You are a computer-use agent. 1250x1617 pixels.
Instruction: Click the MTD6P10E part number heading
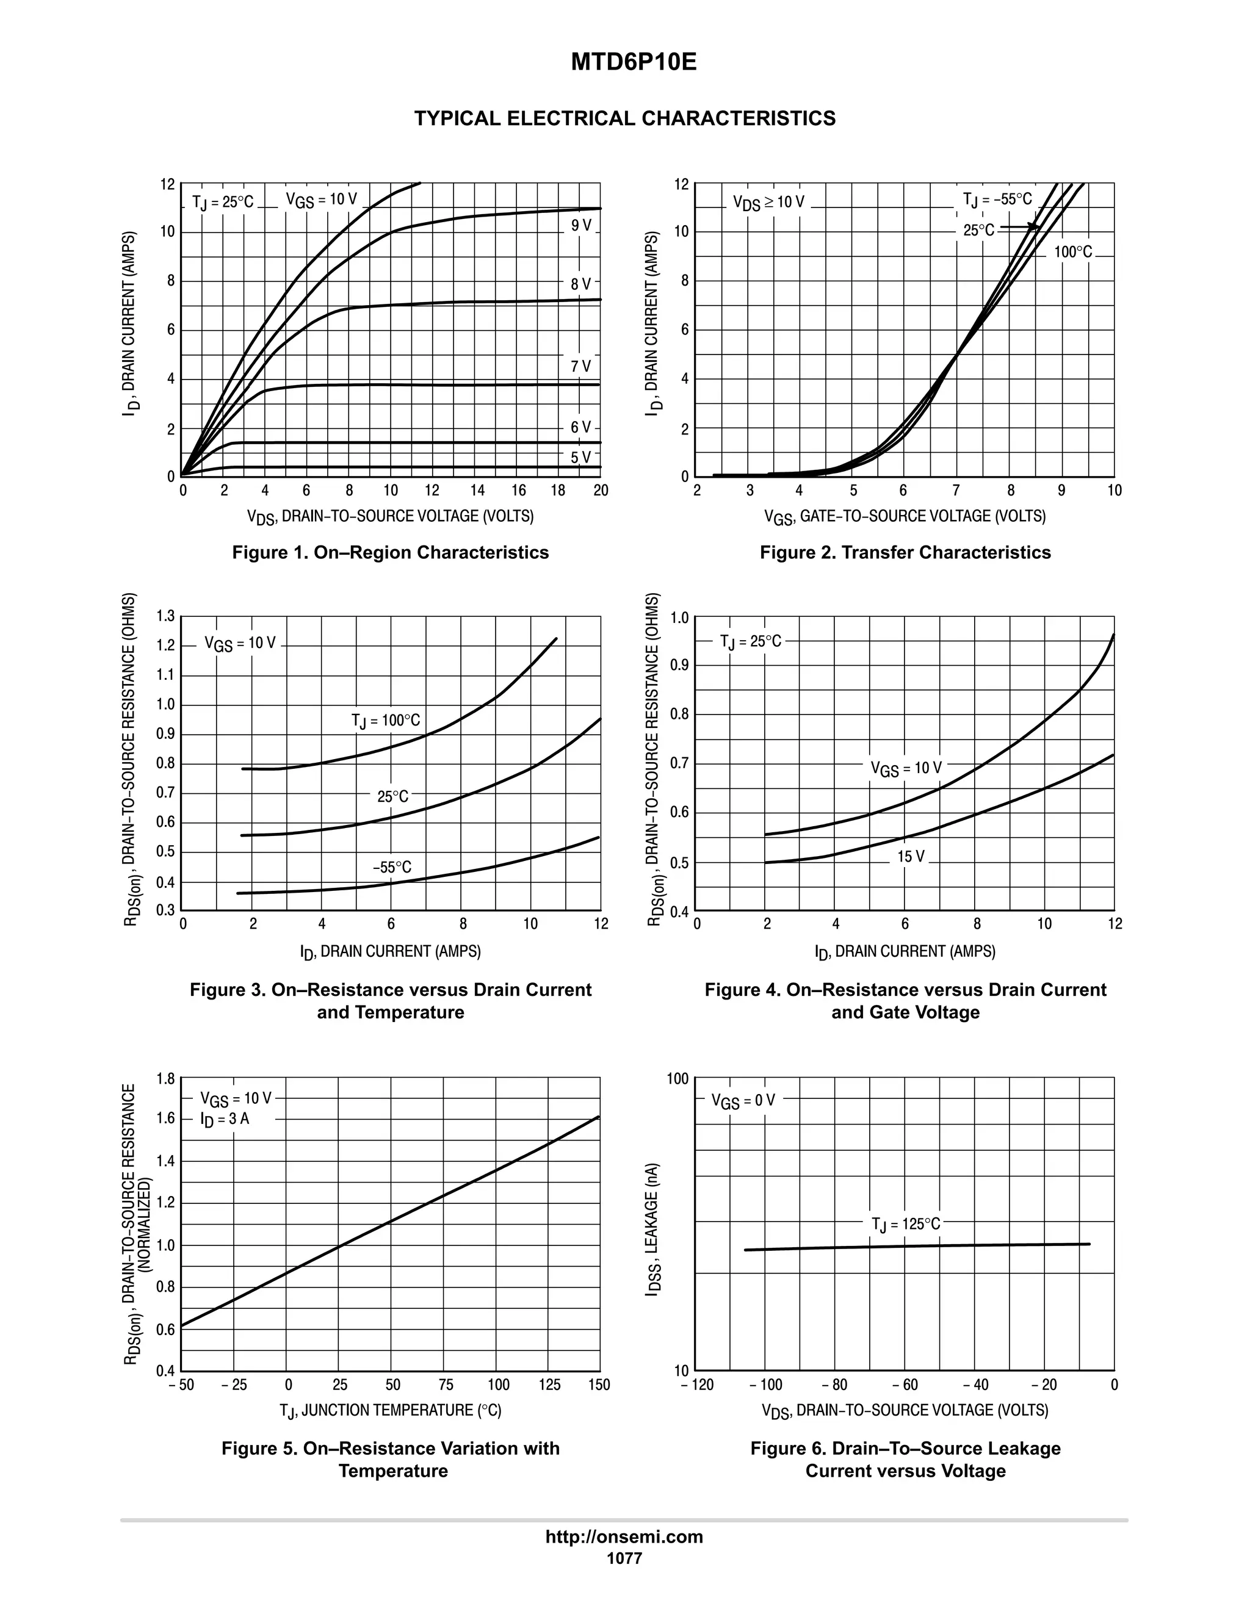tap(633, 63)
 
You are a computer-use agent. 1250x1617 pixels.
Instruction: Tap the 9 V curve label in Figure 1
tap(581, 225)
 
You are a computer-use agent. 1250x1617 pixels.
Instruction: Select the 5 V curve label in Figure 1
tap(581, 457)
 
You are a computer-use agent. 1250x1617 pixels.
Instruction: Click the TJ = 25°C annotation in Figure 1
tap(223, 202)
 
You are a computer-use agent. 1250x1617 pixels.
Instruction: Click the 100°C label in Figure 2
tap(1073, 253)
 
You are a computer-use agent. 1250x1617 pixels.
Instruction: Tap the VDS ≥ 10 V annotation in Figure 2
tap(768, 202)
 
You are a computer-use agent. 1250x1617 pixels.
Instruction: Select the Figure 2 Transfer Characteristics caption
tap(905, 552)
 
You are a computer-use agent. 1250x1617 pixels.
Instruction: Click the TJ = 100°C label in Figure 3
tap(385, 721)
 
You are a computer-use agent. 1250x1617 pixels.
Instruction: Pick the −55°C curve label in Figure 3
tap(392, 867)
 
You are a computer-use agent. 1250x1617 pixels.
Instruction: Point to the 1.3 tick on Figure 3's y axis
tap(166, 616)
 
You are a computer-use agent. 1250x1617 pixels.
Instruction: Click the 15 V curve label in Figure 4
tap(911, 857)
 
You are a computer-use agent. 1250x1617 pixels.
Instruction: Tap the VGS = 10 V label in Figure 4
tap(906, 768)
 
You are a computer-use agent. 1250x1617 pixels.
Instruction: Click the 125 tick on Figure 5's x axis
tap(549, 1385)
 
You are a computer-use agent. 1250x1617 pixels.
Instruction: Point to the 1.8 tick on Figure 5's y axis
tap(166, 1079)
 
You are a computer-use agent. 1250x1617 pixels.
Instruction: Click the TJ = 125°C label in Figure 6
tap(906, 1225)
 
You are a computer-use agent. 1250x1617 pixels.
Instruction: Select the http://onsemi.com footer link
tap(624, 1536)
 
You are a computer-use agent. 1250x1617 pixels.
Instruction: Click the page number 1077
tap(624, 1558)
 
